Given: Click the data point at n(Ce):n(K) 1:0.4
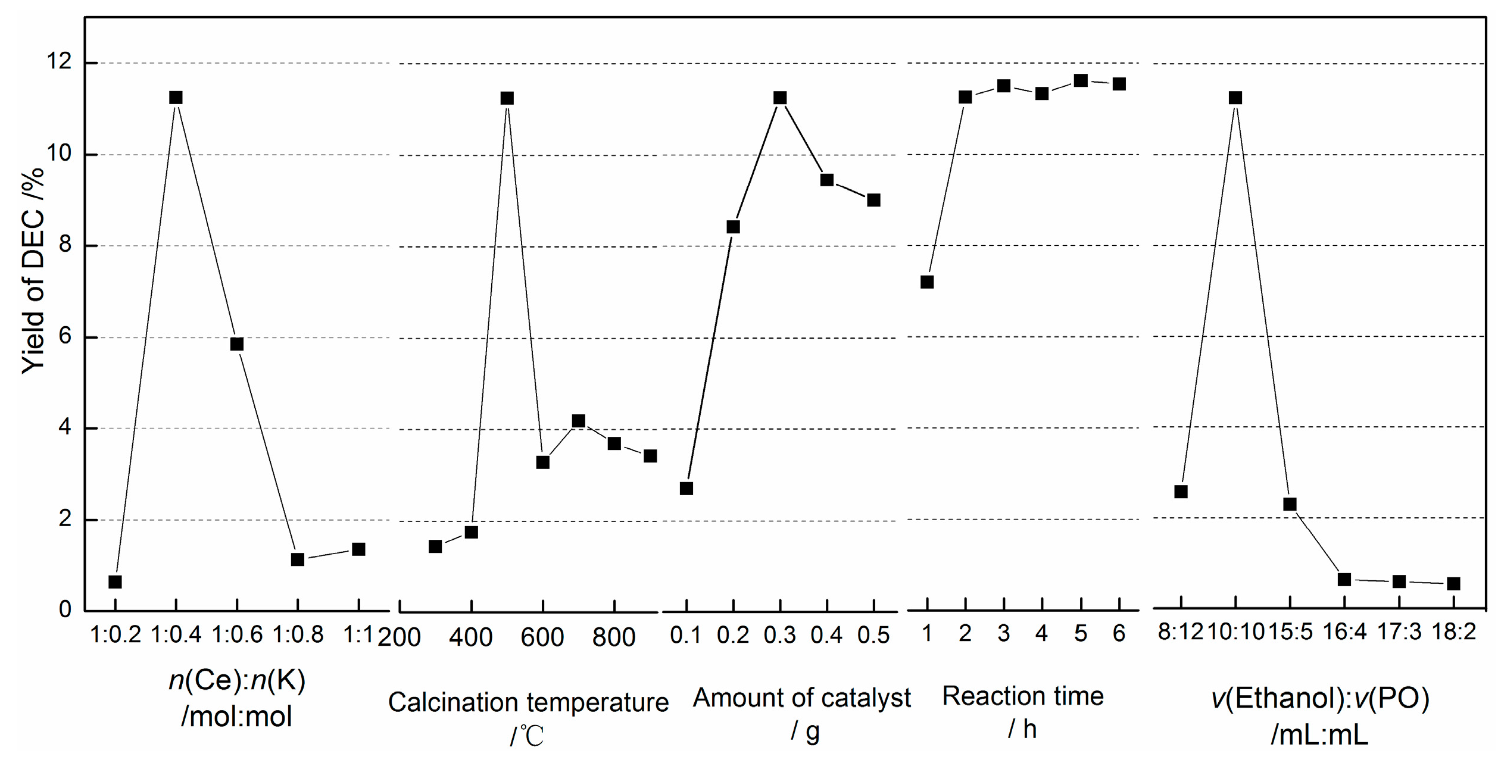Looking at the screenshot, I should [x=176, y=98].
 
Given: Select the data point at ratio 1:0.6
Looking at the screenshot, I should [x=236, y=344].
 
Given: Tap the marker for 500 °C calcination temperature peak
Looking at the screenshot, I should [x=507, y=98].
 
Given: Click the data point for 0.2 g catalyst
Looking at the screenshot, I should [x=733, y=227].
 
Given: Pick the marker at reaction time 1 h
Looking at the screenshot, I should [x=926, y=282].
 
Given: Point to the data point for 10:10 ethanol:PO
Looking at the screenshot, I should [x=1235, y=98].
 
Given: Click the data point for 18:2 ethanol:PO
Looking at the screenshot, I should [x=1453, y=584].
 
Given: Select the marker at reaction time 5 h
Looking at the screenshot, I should [x=1081, y=80].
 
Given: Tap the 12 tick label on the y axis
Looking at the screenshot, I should [x=59, y=61].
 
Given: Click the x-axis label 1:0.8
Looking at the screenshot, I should [x=298, y=635].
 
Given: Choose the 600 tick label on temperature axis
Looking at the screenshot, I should [x=542, y=637].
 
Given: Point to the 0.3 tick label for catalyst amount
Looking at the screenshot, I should [x=779, y=636].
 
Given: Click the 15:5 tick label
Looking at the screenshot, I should [x=1290, y=631].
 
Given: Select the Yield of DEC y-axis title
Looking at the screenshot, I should [x=33, y=271].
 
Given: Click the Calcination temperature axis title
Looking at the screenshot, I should [x=528, y=702].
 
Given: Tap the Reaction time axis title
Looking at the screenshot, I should [x=1022, y=696].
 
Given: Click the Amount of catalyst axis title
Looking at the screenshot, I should [x=801, y=698].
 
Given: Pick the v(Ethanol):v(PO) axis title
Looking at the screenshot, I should [x=1320, y=698].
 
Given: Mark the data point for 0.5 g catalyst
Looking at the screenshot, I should [x=873, y=200].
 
